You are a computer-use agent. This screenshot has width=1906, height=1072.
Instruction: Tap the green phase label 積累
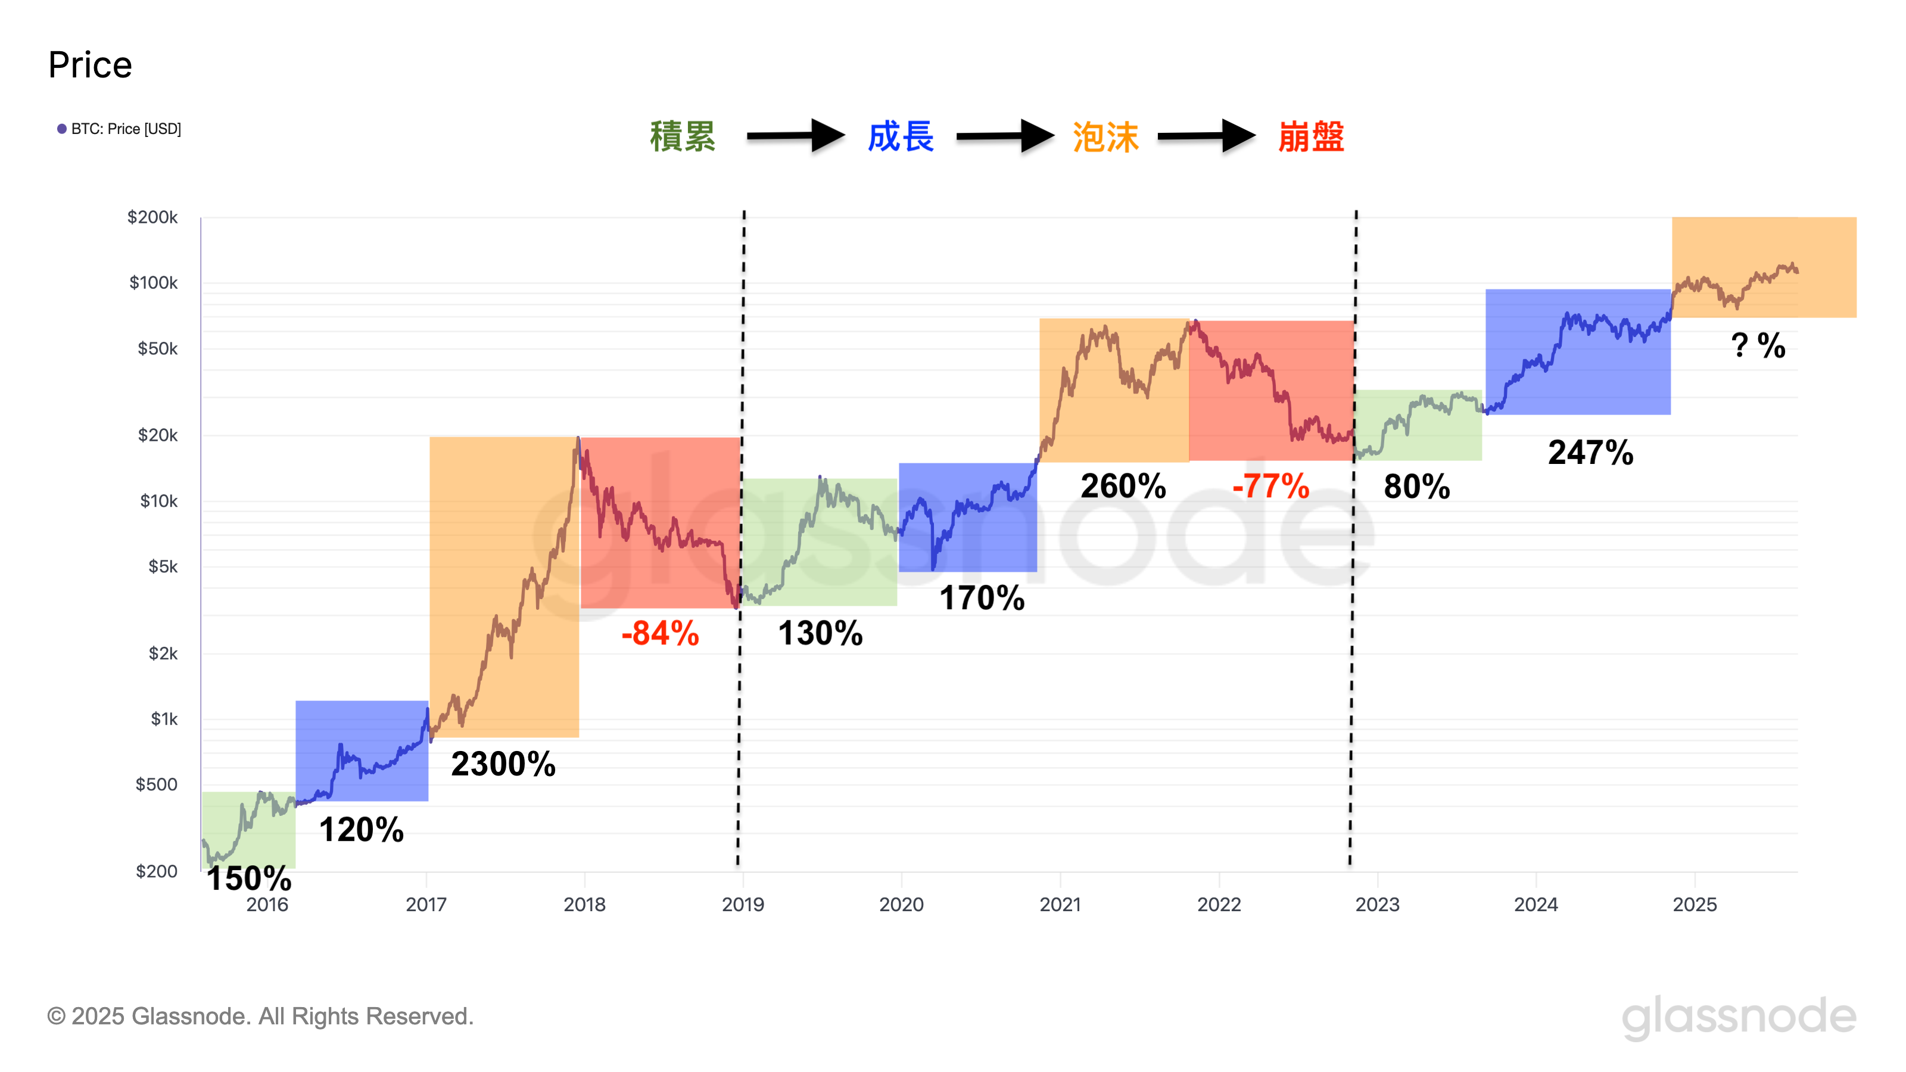click(x=682, y=137)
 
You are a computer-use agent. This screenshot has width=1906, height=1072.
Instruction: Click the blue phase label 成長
click(x=901, y=137)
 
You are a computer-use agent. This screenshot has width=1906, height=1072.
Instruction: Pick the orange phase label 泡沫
click(x=1105, y=138)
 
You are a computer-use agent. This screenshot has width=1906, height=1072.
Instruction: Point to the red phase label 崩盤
click(x=1310, y=137)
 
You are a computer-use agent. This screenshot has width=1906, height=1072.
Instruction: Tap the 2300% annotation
click(x=503, y=764)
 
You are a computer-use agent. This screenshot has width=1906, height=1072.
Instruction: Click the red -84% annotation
click(x=660, y=633)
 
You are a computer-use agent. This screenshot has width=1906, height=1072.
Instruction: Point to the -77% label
click(x=1270, y=486)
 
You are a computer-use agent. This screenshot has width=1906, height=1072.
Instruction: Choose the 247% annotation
click(x=1590, y=452)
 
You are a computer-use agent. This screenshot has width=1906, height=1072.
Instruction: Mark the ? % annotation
click(x=1758, y=345)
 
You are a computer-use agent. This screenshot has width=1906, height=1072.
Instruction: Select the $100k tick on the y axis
click(x=153, y=283)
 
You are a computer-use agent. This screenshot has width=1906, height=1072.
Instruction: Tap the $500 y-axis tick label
click(x=156, y=784)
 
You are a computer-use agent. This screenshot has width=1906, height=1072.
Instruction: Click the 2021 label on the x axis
click(x=1060, y=904)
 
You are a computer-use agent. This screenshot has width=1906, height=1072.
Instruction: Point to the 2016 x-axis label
click(x=267, y=904)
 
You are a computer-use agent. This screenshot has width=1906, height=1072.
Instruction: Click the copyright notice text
click(x=260, y=1016)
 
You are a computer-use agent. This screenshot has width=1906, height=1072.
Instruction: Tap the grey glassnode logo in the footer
click(x=1738, y=1016)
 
